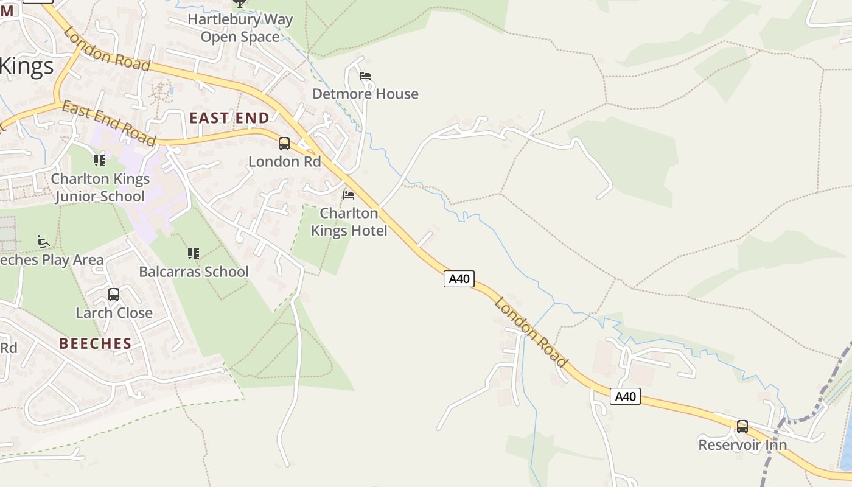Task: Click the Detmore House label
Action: click(365, 94)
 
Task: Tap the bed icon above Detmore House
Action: click(365, 76)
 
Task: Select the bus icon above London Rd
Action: click(284, 144)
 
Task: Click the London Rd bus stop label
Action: click(284, 161)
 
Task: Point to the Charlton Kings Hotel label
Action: click(349, 222)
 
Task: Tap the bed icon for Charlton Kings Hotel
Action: click(349, 195)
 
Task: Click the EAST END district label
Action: click(229, 118)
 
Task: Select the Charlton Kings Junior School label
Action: click(100, 187)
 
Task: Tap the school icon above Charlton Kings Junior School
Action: click(100, 161)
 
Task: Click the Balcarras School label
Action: click(194, 272)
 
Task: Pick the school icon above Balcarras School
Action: click(194, 253)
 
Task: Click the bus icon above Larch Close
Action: click(114, 295)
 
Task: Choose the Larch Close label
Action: click(114, 313)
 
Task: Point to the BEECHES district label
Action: click(96, 343)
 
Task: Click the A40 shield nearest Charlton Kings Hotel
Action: click(459, 279)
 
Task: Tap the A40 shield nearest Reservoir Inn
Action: click(625, 397)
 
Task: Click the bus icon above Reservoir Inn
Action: click(742, 426)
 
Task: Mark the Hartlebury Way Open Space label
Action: click(240, 28)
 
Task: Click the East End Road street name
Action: click(109, 124)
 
